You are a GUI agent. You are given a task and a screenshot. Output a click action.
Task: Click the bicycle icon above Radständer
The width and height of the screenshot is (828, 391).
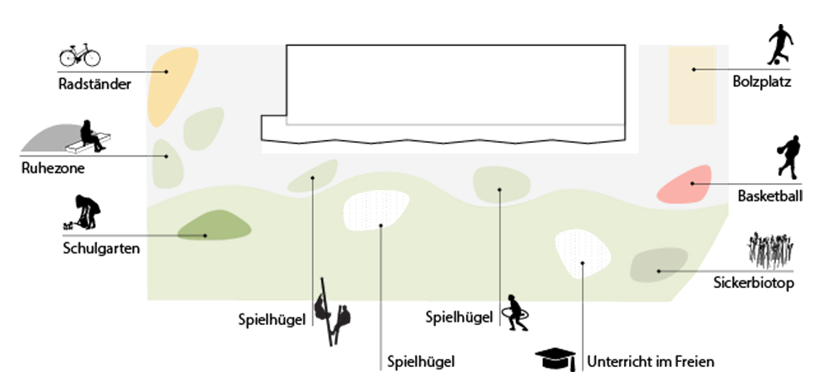(x=79, y=55)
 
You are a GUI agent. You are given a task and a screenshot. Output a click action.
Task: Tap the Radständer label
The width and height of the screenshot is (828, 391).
(x=95, y=84)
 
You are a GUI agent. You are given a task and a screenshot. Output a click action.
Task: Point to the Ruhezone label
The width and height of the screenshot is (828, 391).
(x=53, y=168)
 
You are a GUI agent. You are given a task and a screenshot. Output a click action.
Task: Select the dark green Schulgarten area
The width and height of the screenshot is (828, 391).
(x=214, y=226)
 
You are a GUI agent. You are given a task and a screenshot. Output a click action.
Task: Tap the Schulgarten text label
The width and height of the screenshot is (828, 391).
(x=102, y=249)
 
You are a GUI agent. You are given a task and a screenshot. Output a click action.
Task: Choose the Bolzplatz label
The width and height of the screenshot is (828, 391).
(x=762, y=83)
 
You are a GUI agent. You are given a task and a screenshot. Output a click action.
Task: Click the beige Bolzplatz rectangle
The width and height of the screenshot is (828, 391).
(x=692, y=86)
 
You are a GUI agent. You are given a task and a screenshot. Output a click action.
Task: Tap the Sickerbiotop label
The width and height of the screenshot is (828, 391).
(x=760, y=284)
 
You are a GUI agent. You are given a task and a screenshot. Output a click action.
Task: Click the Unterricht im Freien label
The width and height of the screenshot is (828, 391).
(x=651, y=362)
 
